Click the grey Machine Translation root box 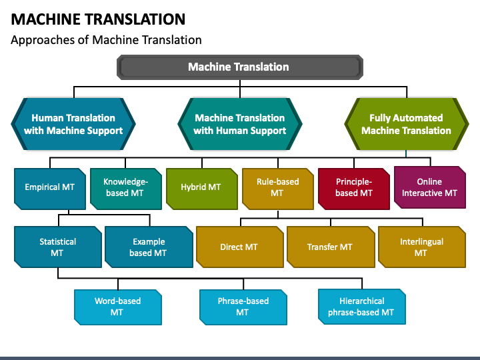(240, 67)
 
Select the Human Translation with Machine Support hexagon (73, 124)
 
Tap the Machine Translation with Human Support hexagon (240, 124)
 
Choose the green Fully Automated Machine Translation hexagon (407, 124)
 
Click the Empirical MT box (50, 189)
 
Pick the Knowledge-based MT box (126, 189)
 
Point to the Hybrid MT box (202, 189)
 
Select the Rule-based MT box (277, 189)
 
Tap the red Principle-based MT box (354, 189)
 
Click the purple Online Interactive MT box (430, 187)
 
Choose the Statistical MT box (58, 247)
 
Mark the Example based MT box (149, 247)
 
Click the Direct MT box (240, 247)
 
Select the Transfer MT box (331, 247)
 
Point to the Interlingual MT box (422, 247)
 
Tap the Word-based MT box (118, 307)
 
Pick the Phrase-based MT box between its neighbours (243, 307)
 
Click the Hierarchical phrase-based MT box (362, 307)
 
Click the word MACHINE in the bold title (47, 19)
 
